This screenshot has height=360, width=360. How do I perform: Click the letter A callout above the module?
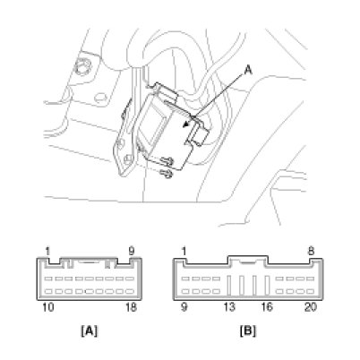(x=248, y=71)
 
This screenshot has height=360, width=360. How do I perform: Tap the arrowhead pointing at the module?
(x=187, y=124)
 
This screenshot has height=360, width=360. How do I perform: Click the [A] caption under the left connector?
(x=90, y=330)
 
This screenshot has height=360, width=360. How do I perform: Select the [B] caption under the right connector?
(x=248, y=330)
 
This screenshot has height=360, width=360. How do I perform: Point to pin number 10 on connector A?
(x=48, y=307)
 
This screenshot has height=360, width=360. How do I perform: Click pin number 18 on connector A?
(x=131, y=307)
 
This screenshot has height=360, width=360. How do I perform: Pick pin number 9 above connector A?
(x=132, y=252)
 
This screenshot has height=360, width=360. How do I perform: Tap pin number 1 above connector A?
(x=47, y=252)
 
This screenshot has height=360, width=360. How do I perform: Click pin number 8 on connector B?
(x=311, y=252)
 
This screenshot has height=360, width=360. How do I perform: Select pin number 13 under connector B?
(x=229, y=307)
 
